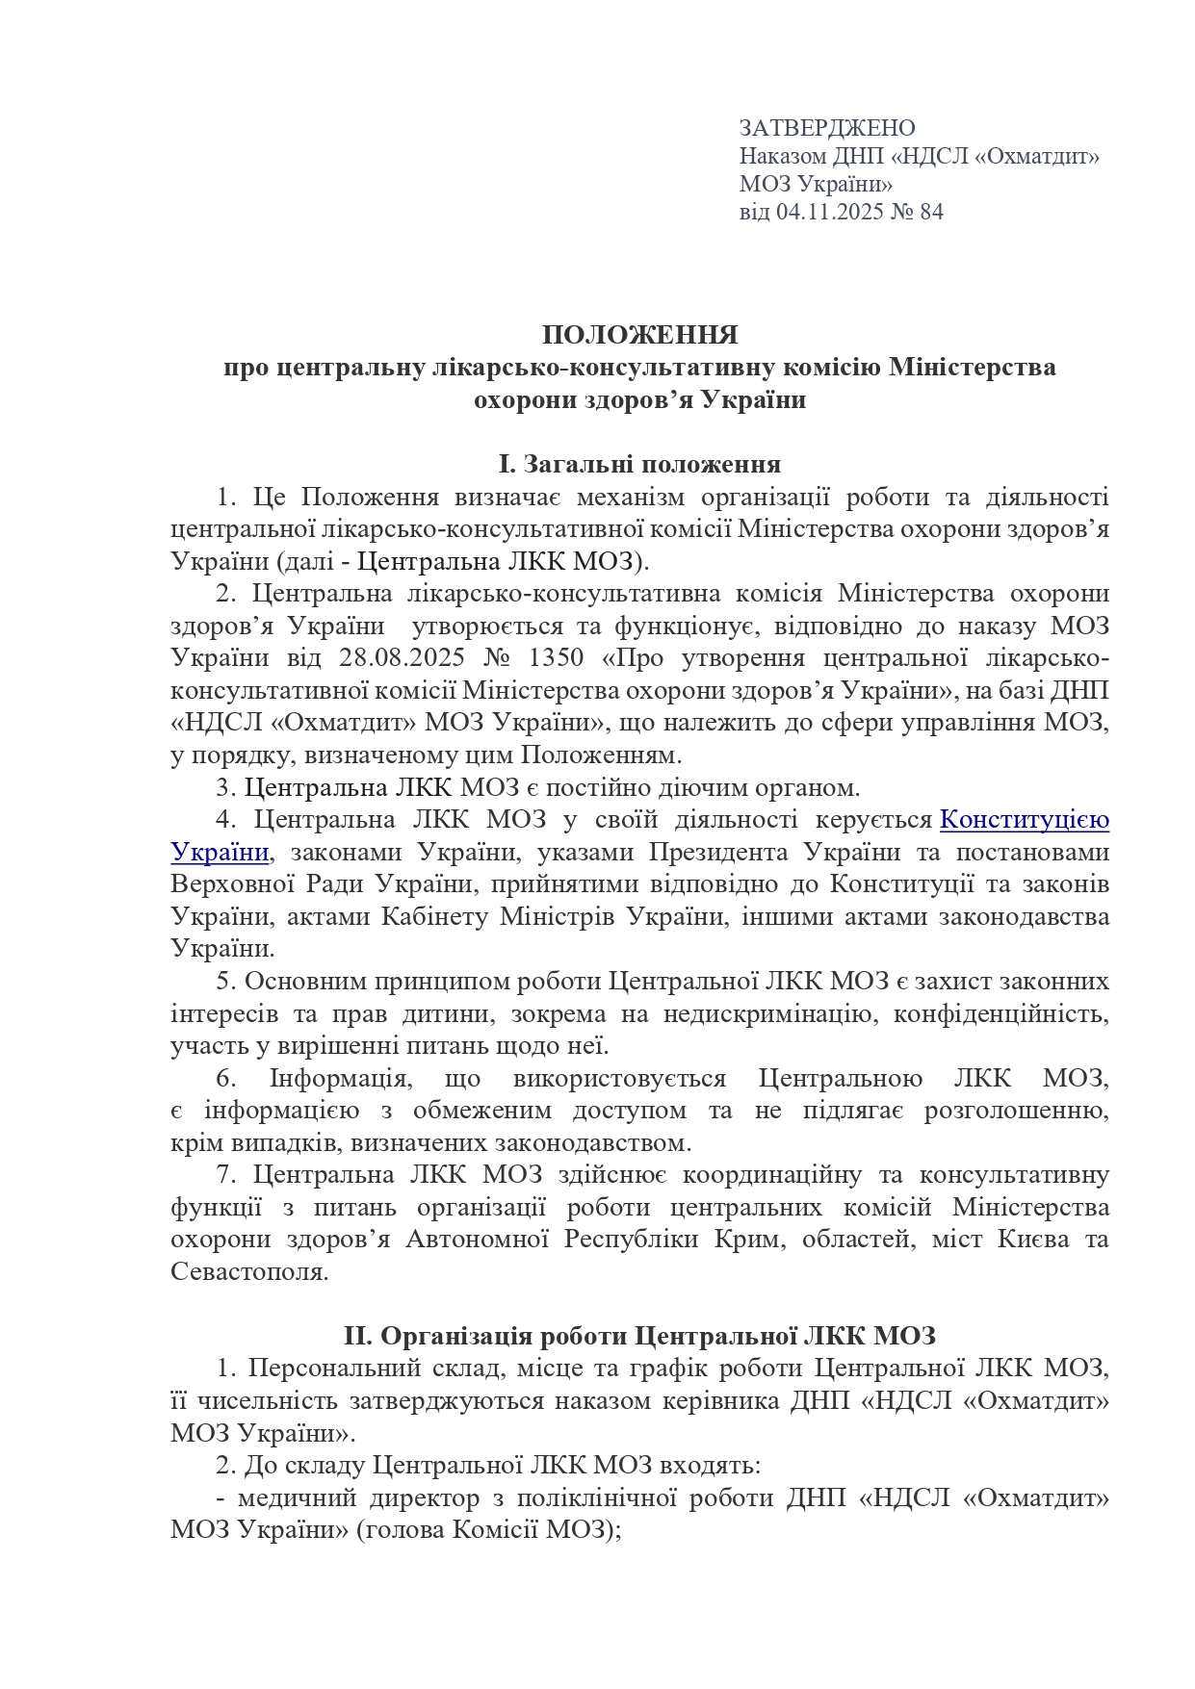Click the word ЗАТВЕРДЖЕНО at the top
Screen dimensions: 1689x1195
coord(826,128)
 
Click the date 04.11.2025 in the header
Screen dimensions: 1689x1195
coord(825,212)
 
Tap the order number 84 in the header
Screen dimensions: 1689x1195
coord(931,212)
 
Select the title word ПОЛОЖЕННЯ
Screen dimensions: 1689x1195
coord(639,335)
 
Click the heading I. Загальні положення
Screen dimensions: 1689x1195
coord(639,464)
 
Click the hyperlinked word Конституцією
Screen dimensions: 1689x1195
coord(1024,819)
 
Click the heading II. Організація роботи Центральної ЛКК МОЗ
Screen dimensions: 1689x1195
coord(639,1335)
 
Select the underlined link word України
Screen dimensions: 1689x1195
coord(219,852)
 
